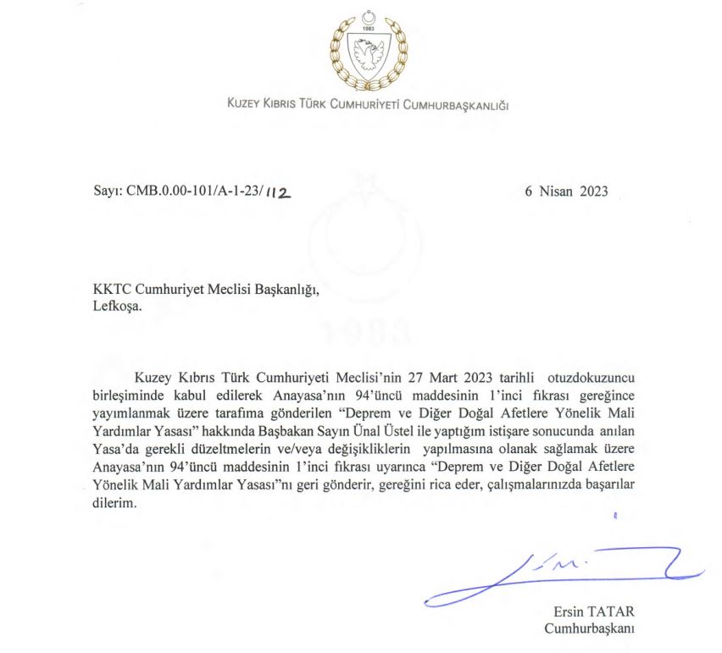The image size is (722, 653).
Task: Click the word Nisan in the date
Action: (x=557, y=191)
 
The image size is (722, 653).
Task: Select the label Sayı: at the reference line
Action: (x=107, y=192)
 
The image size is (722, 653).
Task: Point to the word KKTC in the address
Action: (x=113, y=291)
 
